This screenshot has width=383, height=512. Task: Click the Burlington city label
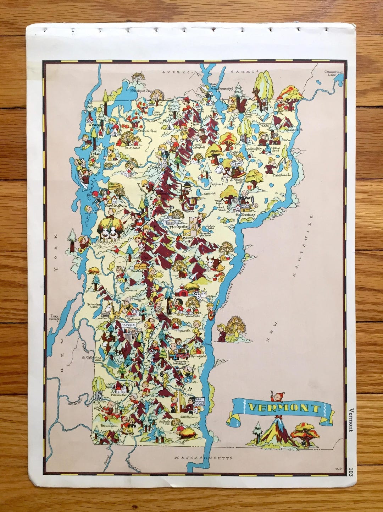pyautogui.click(x=116, y=206)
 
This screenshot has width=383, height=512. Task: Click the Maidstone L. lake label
pyautogui.click(x=282, y=175)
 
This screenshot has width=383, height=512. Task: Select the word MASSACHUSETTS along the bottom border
pyautogui.click(x=203, y=458)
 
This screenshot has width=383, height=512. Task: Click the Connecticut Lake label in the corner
pyautogui.click(x=334, y=73)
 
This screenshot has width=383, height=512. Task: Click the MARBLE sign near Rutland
pyautogui.click(x=128, y=325)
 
